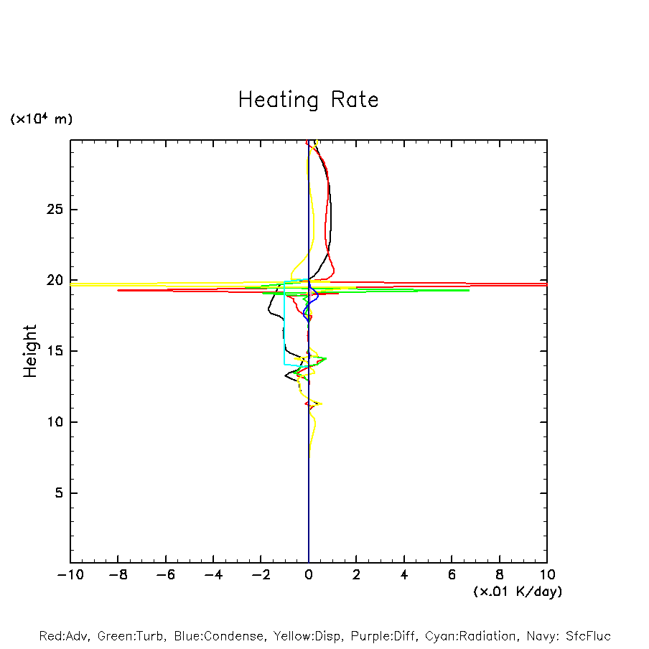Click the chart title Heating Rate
click(x=308, y=100)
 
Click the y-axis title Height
click(x=30, y=351)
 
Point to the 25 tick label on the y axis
click(x=56, y=210)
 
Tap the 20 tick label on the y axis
click(x=56, y=280)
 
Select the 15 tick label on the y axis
click(x=56, y=351)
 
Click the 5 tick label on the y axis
click(x=60, y=493)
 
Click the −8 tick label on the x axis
click(x=118, y=575)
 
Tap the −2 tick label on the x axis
click(x=261, y=575)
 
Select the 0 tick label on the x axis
click(x=309, y=575)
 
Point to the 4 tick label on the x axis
click(x=404, y=575)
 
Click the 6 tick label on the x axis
click(x=452, y=575)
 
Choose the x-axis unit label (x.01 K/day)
click(x=518, y=592)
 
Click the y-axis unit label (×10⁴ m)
click(x=41, y=119)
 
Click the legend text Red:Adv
click(x=62, y=636)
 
